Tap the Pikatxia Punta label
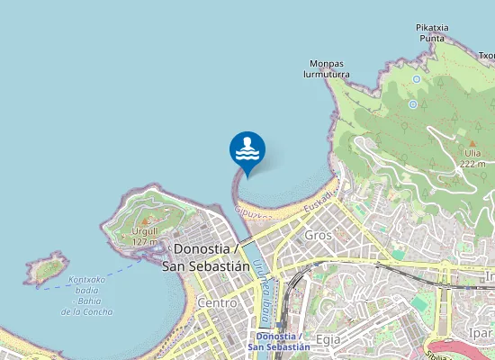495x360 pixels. [432, 32]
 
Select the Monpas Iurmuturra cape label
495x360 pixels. [327, 69]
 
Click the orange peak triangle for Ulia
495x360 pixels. [472, 142]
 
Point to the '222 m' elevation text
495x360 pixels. [472, 164]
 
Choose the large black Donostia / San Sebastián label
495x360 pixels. [206, 256]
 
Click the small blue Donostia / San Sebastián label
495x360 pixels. [279, 341]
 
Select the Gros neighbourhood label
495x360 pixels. [319, 234]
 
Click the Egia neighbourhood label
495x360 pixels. [328, 338]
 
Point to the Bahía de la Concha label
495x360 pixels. [87, 295]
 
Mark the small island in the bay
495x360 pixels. [47, 268]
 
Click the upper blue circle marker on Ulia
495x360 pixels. [417, 79]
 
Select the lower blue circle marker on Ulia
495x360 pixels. [413, 104]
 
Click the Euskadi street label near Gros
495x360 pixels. [318, 202]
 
